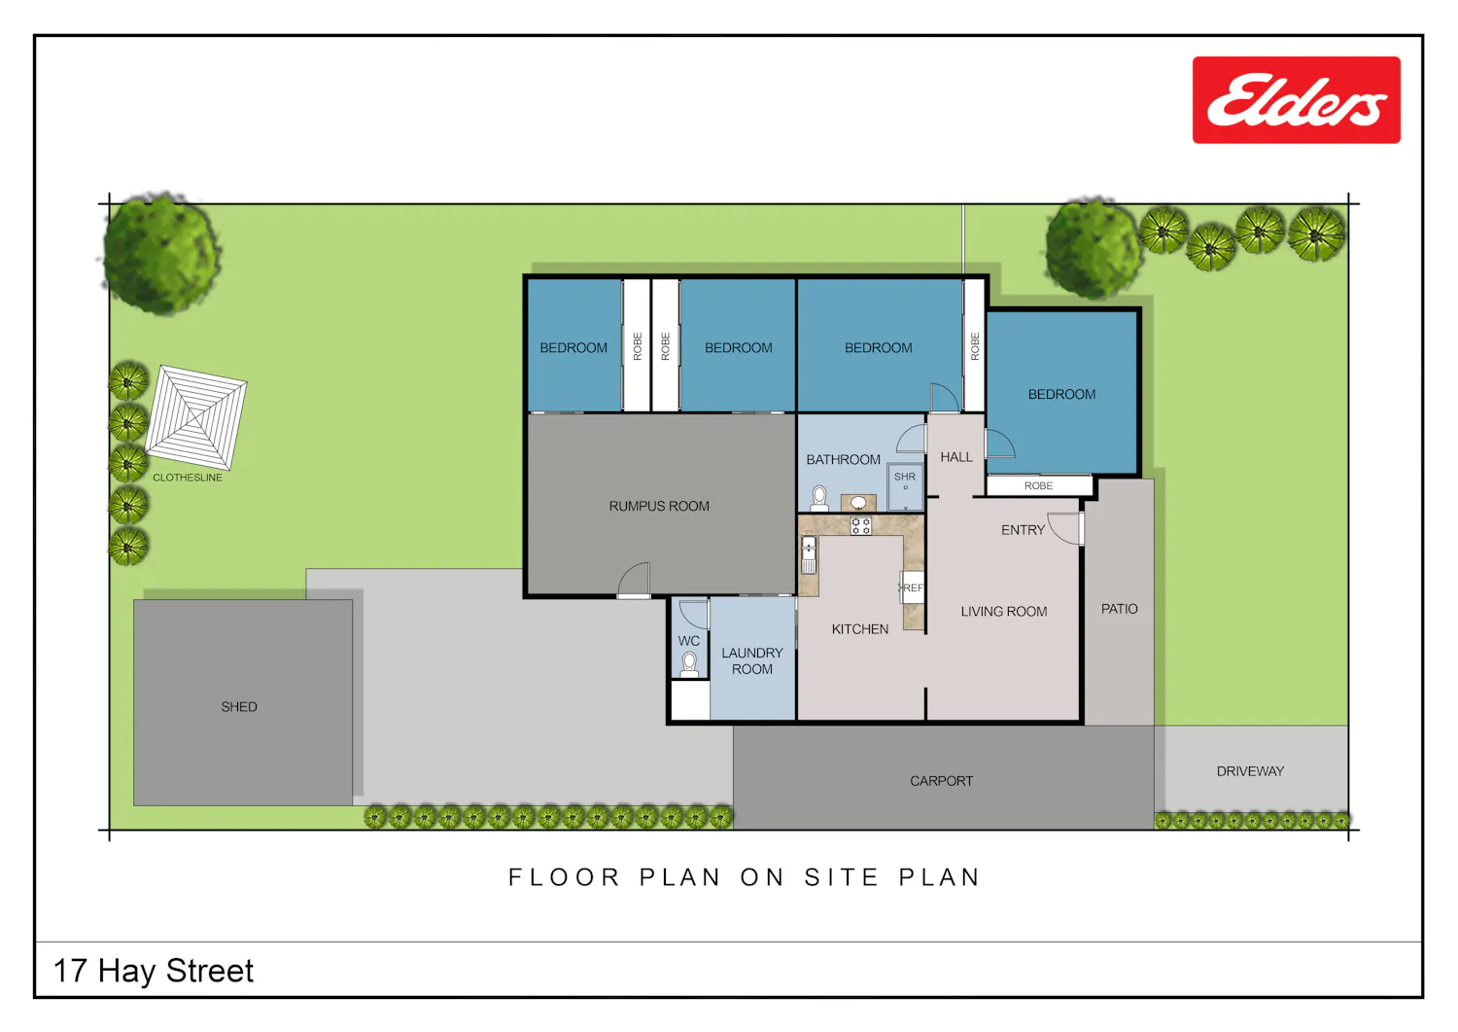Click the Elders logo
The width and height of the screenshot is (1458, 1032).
pos(1296,99)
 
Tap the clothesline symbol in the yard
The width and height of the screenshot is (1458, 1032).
pos(195,417)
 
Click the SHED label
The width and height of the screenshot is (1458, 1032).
pos(239,707)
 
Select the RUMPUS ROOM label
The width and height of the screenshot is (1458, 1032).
pos(659,506)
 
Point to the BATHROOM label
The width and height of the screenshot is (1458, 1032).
pos(843,460)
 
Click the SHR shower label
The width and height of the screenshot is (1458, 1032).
pos(905,477)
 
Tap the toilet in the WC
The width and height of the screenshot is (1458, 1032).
pos(688,664)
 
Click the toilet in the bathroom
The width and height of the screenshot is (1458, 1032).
pos(818,499)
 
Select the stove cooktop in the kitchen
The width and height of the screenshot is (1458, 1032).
pos(860,525)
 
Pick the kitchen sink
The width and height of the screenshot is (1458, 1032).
pos(809,554)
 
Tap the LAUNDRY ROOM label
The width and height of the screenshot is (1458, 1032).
pos(751,660)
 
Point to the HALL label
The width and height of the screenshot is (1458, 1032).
pos(956,457)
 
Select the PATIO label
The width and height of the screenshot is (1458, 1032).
pos(1119,609)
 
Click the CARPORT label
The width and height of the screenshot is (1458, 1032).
pos(941,781)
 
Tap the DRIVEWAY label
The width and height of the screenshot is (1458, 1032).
pos(1250,771)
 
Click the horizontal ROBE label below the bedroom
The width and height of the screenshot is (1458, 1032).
pos(1038,486)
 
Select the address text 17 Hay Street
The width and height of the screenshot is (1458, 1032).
pos(153,971)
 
